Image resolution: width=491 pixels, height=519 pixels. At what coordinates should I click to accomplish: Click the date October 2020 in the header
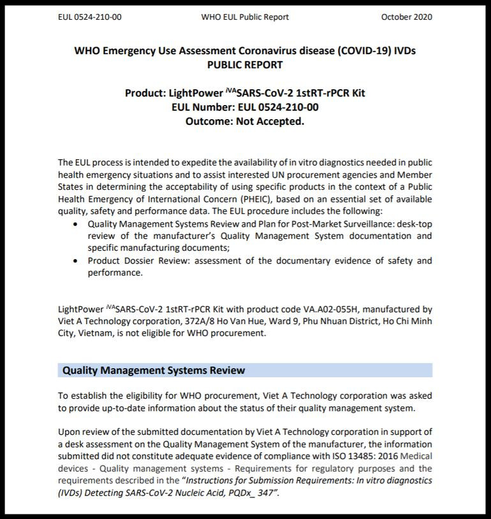pos(406,17)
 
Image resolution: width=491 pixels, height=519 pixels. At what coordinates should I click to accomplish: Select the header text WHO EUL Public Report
pos(245,17)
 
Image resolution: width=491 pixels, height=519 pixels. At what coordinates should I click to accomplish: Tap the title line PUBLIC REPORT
pos(245,64)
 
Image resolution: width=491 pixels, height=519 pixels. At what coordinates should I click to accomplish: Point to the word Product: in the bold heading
pos(145,93)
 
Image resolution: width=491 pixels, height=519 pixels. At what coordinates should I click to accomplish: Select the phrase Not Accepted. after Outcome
pos(270,121)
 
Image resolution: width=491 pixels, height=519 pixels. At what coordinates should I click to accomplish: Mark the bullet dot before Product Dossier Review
pos(76,260)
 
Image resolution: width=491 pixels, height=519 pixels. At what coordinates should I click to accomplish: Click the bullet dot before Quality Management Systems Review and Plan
pos(76,224)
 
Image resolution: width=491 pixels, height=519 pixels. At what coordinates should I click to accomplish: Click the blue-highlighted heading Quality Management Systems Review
pos(153,370)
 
